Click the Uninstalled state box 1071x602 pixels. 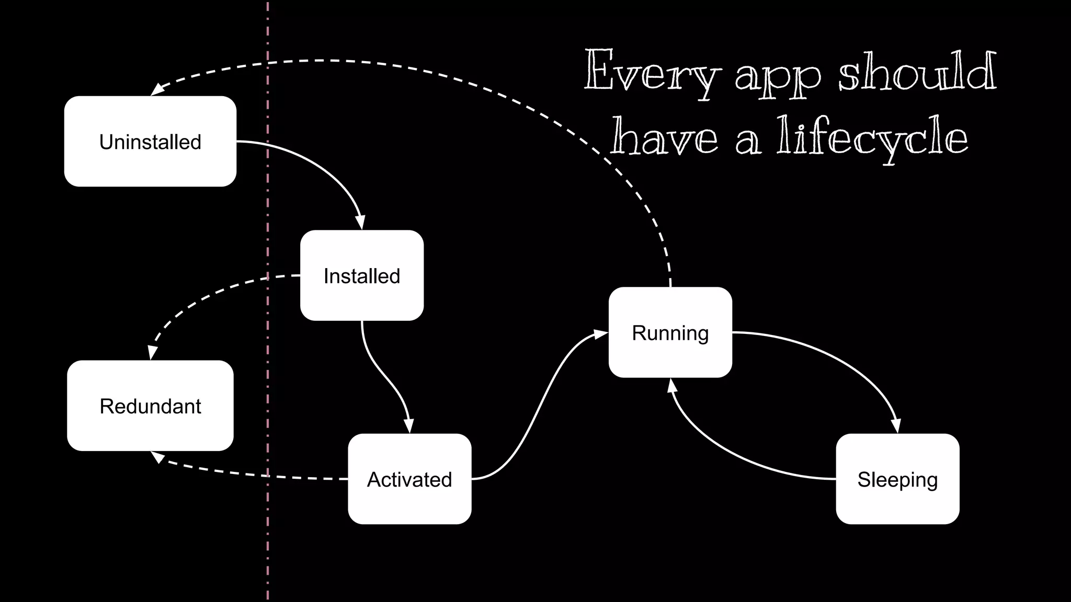click(150, 141)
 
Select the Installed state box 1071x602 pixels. click(362, 275)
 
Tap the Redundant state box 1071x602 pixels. click(150, 406)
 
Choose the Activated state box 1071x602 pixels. click(409, 479)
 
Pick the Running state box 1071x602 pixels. click(670, 332)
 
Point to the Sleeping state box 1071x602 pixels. click(897, 479)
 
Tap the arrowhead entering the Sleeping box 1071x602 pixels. click(896, 425)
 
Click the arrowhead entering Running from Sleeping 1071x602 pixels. click(671, 386)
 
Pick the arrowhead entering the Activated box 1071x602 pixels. click(409, 425)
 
